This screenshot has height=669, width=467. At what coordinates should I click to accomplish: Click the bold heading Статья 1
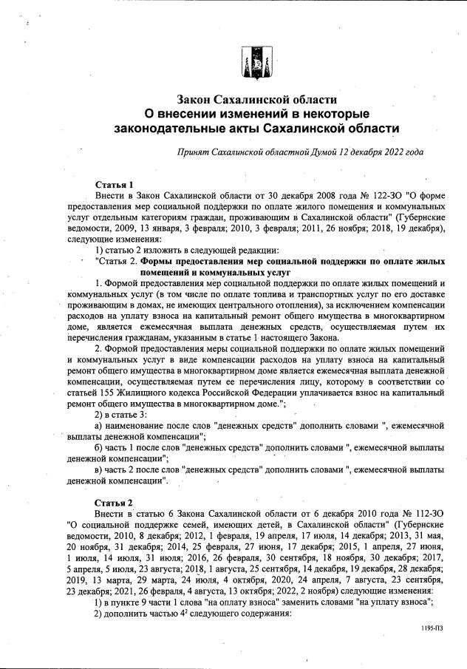point(115,183)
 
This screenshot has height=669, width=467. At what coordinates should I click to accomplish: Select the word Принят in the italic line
point(194,152)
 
